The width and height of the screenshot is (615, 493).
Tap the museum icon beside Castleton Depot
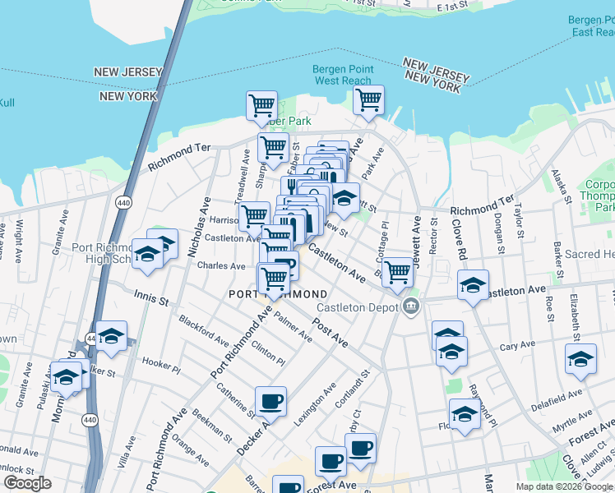412,307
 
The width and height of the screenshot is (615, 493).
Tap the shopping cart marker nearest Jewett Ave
398,270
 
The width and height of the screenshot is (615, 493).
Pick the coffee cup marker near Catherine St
271,402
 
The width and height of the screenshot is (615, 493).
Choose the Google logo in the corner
27,483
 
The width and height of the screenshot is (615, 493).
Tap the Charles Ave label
221,266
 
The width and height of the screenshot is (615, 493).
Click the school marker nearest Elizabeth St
580,359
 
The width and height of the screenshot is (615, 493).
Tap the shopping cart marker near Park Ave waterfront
369,100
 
